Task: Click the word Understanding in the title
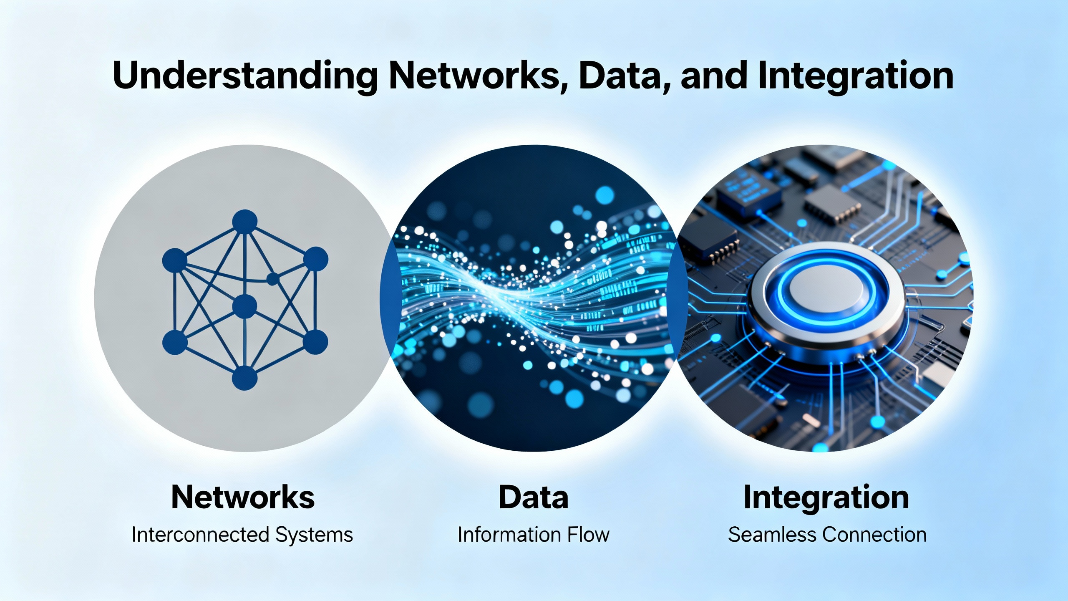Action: [245, 76]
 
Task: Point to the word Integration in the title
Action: [856, 76]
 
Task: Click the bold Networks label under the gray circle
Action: [243, 497]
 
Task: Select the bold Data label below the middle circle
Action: [534, 497]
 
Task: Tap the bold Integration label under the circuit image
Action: [826, 497]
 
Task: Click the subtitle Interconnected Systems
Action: [242, 535]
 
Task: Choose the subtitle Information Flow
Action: [534, 535]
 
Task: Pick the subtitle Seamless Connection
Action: [827, 535]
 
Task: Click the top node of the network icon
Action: [244, 221]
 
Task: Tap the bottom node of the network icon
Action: [244, 378]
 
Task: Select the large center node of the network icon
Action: [244, 306]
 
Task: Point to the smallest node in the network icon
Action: [272, 279]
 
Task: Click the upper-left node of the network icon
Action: [174, 259]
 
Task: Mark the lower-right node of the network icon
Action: [315, 342]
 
